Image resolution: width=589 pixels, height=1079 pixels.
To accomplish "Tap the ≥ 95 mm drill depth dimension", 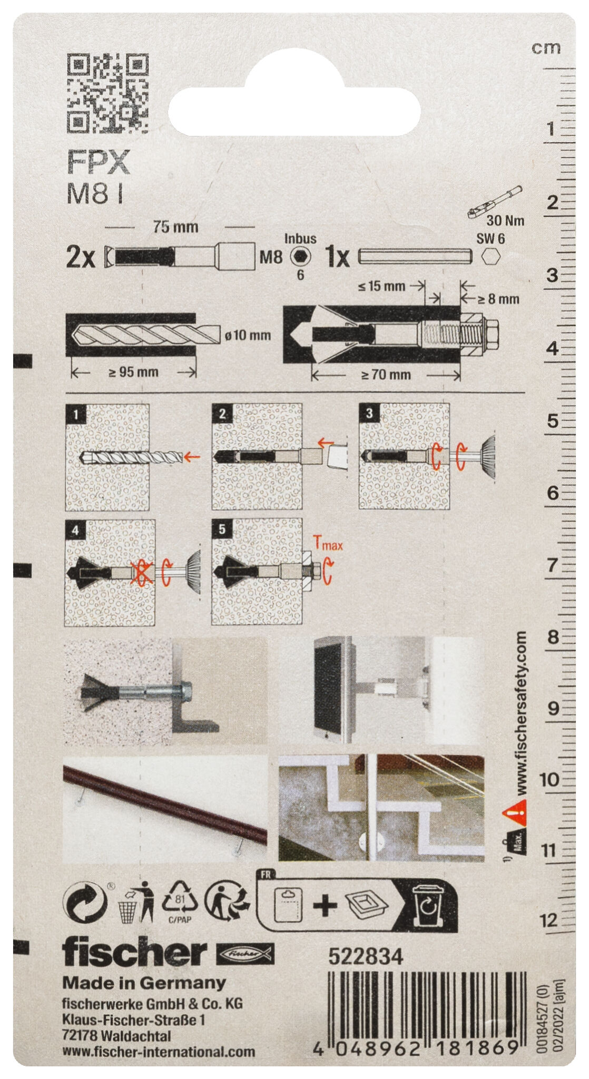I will pyautogui.click(x=133, y=372).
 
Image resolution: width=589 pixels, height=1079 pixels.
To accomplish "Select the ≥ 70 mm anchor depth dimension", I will pyautogui.click(x=386, y=375).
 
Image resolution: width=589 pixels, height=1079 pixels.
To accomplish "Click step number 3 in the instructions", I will pyautogui.click(x=369, y=414).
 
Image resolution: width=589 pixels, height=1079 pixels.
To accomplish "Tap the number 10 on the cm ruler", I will pyautogui.click(x=549, y=779).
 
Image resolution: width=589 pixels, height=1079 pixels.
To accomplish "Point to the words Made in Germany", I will pyautogui.click(x=144, y=983).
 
